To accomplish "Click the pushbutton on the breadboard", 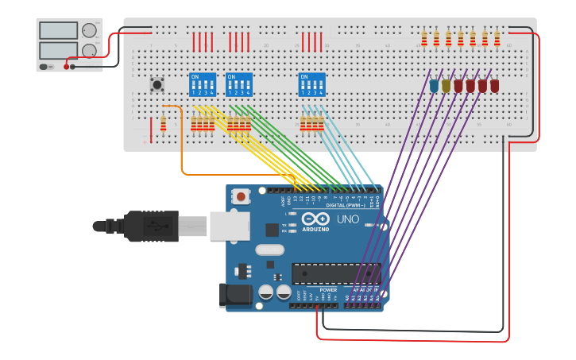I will point(157,83).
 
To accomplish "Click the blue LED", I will point(434,86).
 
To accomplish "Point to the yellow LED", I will point(446,86).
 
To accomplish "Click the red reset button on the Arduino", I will point(241,195).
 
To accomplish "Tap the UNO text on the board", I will point(348,219).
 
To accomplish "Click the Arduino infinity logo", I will point(315,219).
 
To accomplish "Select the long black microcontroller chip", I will point(335,273).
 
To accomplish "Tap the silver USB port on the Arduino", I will point(230,226).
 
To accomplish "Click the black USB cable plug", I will point(151,226).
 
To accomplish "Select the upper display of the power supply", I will point(59,31).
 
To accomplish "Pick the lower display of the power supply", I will point(59,50).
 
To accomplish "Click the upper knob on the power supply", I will point(89,31).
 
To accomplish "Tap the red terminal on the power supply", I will point(66,67).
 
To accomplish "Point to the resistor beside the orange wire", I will point(164,124).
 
